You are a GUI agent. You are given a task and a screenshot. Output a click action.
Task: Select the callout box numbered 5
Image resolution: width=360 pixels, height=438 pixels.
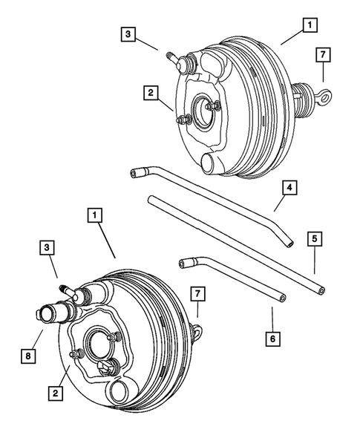coord(315,238)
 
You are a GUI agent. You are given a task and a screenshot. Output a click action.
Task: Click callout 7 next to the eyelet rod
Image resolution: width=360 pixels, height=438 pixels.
coord(323,55)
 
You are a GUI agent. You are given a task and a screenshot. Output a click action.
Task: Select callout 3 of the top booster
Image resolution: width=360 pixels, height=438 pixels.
coord(129,34)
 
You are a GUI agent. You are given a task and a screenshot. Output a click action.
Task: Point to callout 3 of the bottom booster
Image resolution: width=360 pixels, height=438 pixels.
coord(48,246)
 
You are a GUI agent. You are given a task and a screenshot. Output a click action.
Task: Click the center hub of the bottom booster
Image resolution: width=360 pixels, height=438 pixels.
coord(99,347)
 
